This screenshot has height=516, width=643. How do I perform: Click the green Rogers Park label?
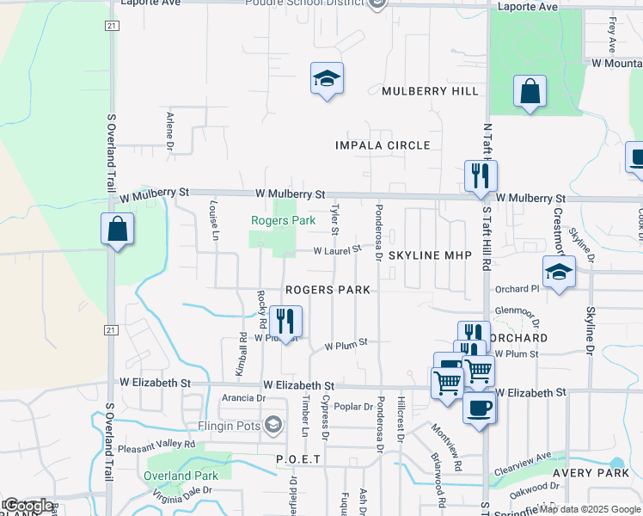click(283, 221)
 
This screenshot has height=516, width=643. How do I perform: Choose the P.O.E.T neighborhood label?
click(298, 460)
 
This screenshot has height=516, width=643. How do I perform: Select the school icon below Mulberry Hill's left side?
click(327, 79)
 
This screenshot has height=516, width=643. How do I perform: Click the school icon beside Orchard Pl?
click(559, 273)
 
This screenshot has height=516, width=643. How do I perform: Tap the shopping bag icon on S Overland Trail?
click(117, 230)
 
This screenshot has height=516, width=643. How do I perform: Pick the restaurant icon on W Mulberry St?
click(480, 176)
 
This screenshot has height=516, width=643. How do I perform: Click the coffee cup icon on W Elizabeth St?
click(480, 407)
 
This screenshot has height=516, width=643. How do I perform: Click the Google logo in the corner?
click(28, 506)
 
